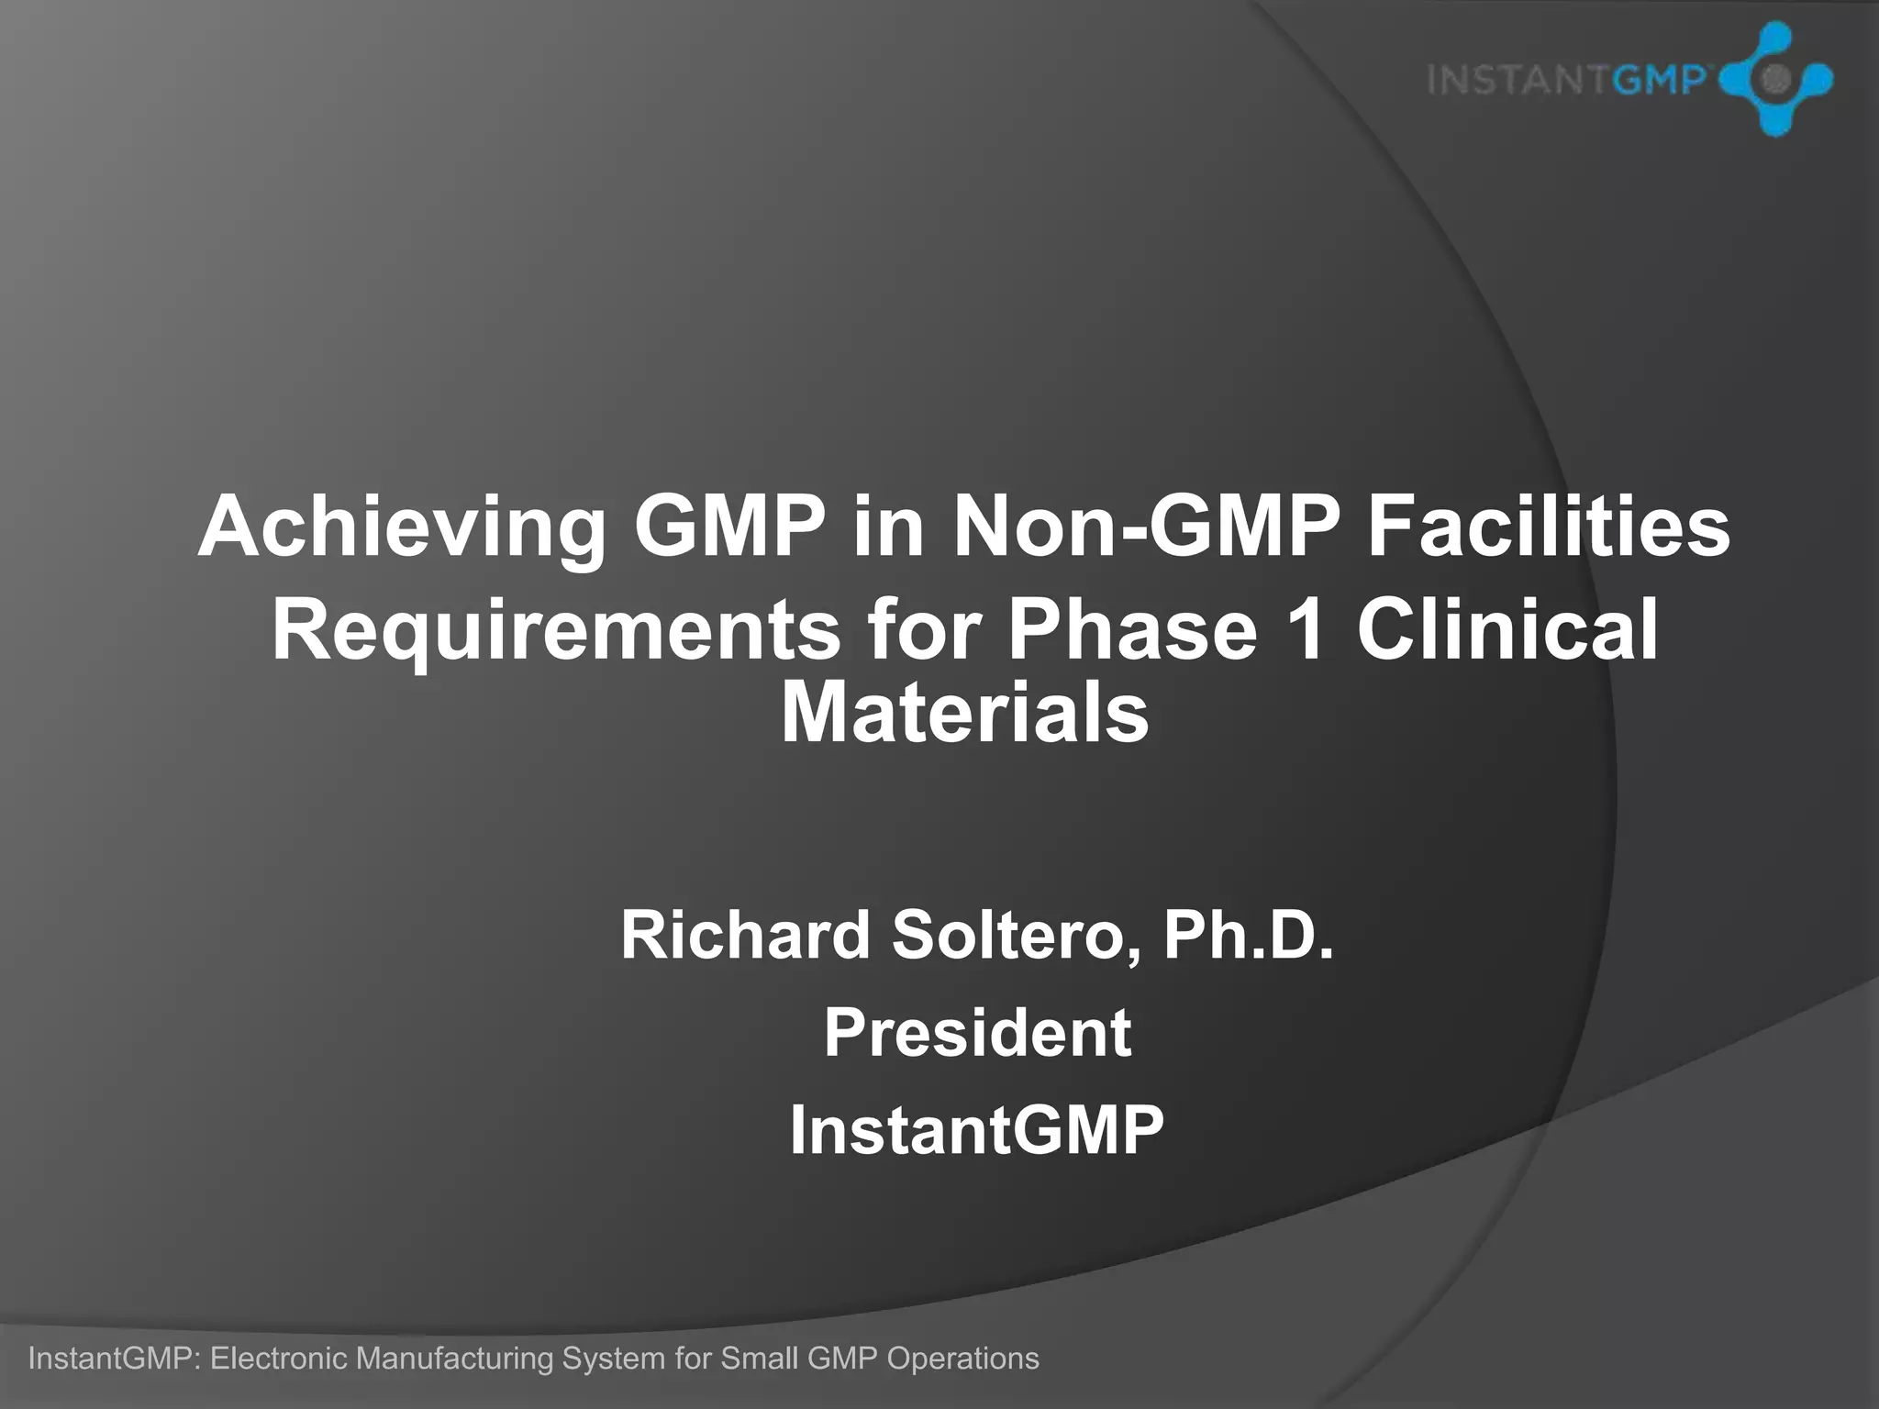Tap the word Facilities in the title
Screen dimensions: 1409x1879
tap(1549, 527)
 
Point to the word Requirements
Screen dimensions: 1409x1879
tap(555, 629)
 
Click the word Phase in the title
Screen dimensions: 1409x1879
tap(1132, 629)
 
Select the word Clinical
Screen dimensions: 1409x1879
tap(1507, 629)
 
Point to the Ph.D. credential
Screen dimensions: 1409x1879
tap(1249, 935)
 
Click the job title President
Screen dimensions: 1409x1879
tap(977, 1033)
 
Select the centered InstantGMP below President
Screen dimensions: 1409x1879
tap(977, 1130)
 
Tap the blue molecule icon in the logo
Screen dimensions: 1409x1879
tap(1774, 80)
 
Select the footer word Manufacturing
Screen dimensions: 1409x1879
tap(454, 1358)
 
